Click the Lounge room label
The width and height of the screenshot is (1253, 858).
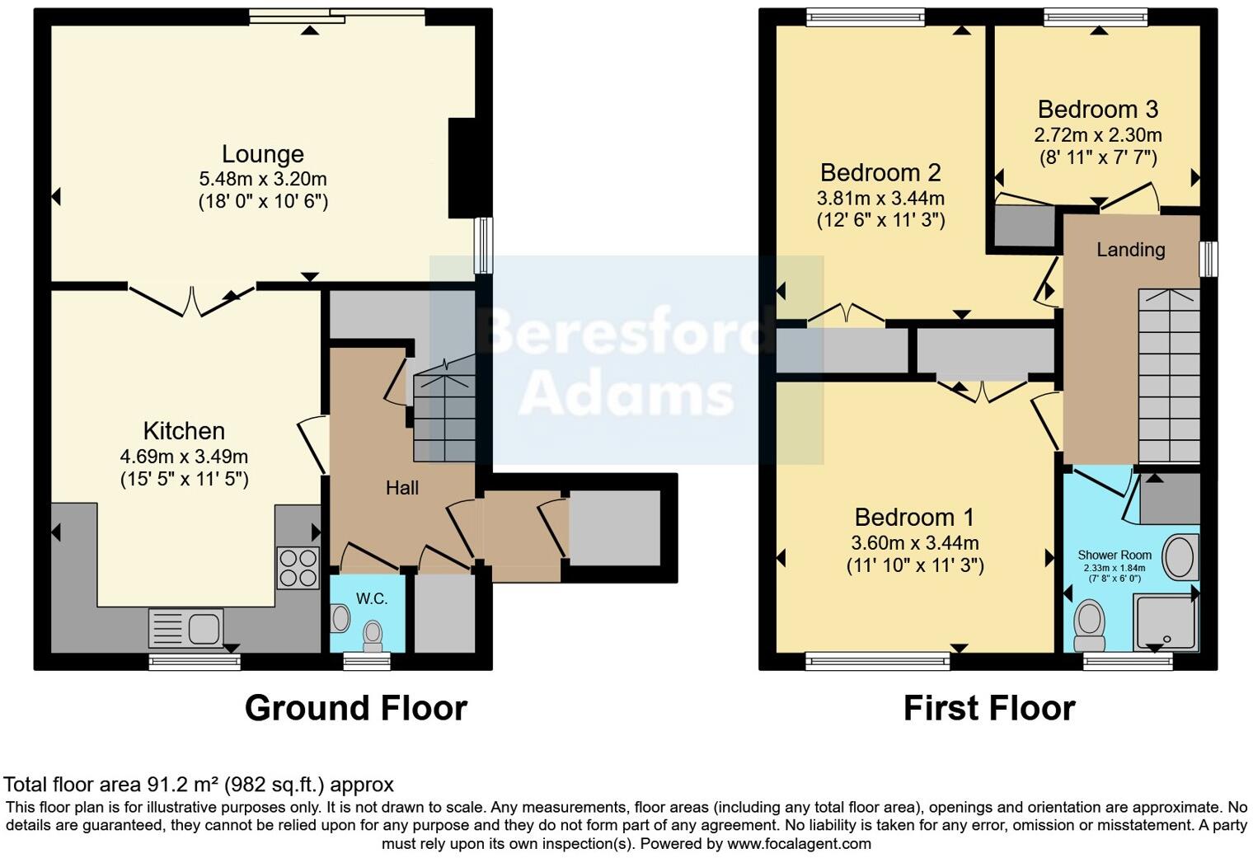pyautogui.click(x=262, y=154)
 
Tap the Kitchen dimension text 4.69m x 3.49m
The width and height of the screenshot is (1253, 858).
pyautogui.click(x=184, y=457)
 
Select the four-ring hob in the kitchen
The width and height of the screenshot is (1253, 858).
pyautogui.click(x=298, y=568)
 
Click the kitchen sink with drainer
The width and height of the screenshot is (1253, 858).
pyautogui.click(x=185, y=629)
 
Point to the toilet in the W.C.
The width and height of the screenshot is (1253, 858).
pyautogui.click(x=373, y=635)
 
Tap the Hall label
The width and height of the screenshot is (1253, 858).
pyautogui.click(x=402, y=488)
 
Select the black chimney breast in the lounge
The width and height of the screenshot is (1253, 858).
pyautogui.click(x=462, y=168)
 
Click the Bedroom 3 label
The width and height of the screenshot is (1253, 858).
pyautogui.click(x=1097, y=110)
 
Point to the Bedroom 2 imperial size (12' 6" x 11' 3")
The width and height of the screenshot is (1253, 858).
pyautogui.click(x=880, y=220)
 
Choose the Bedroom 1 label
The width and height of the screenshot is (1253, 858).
pyautogui.click(x=914, y=518)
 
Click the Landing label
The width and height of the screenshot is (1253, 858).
pyautogui.click(x=1130, y=250)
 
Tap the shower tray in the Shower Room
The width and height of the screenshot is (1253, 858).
pyautogui.click(x=1166, y=622)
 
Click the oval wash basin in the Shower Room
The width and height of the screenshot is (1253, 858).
pyautogui.click(x=1180, y=558)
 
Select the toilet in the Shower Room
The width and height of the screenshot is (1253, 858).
pyautogui.click(x=1090, y=626)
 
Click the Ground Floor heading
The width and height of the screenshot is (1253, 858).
pyautogui.click(x=355, y=709)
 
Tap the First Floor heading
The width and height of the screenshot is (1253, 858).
pyautogui.click(x=988, y=709)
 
